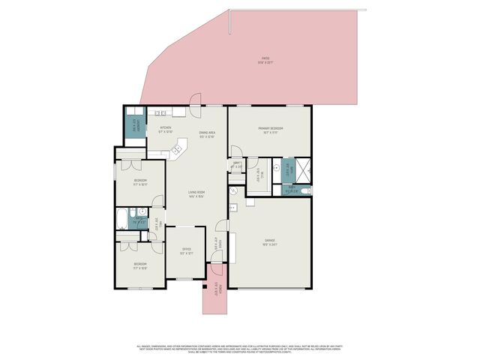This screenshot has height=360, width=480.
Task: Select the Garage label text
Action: (x=270, y=242)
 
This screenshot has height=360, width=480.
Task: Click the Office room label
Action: (x=186, y=251)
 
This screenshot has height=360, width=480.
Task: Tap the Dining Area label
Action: (x=207, y=135)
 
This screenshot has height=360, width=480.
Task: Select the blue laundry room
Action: (x=135, y=127)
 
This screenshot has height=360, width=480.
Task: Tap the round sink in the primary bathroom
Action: (x=276, y=169)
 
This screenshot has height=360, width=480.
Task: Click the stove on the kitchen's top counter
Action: (x=160, y=113)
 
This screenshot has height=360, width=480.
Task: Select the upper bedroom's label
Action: (x=140, y=182)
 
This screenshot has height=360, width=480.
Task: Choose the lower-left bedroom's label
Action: (x=140, y=265)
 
